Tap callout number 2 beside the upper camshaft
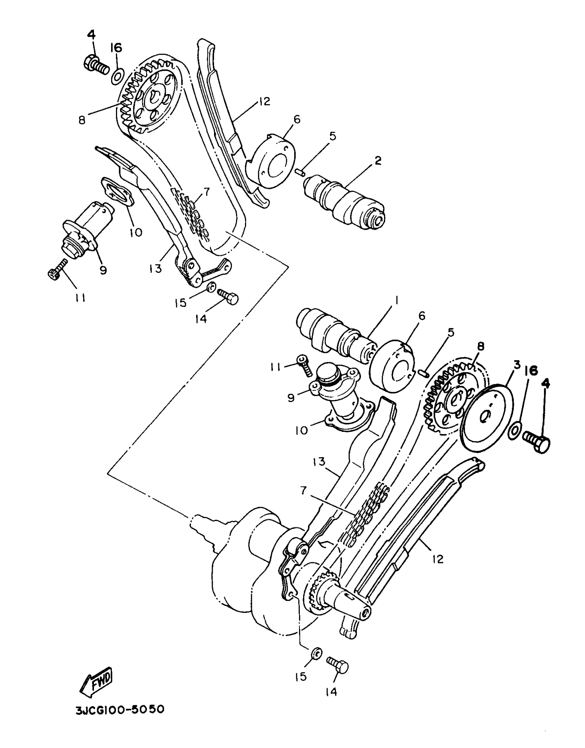pos(378,160)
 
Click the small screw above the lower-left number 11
pos(57,269)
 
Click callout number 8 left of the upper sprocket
pos(82,121)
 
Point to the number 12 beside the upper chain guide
pos(264,102)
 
